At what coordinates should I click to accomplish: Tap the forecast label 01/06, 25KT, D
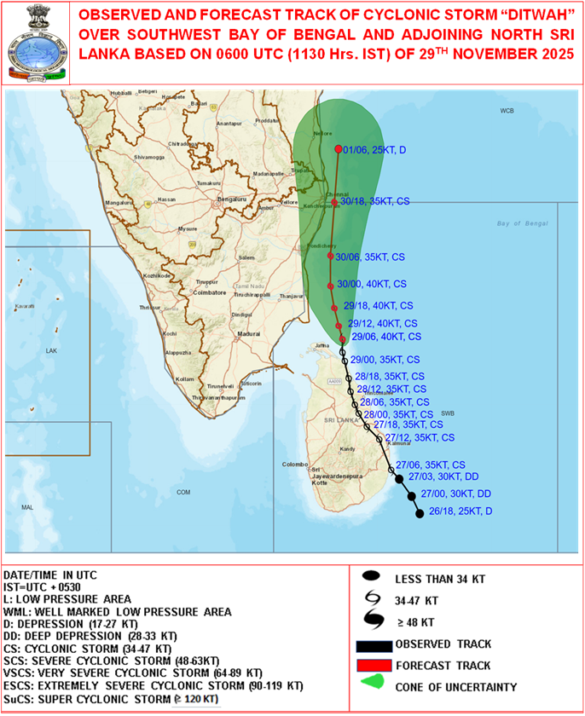[x=374, y=150]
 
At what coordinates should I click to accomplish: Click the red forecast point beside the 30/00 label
[x=330, y=285]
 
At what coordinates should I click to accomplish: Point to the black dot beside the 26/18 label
[x=419, y=513]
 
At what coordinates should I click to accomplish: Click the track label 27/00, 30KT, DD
[x=455, y=495]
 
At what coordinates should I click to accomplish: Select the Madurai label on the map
[x=248, y=334]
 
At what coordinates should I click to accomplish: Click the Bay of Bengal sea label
[x=519, y=223]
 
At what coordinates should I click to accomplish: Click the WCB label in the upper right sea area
[x=508, y=112]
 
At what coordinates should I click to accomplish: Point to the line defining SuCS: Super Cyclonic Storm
[x=112, y=698]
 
